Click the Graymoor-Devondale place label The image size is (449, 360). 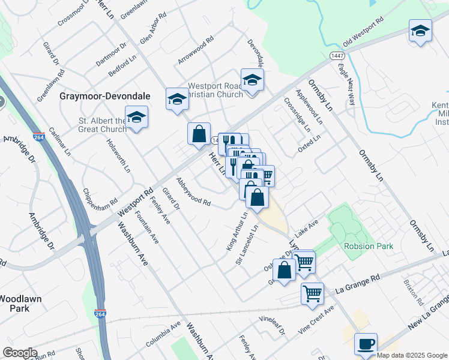point(106,96)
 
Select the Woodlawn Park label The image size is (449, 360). point(19,303)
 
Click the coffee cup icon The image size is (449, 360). point(366,344)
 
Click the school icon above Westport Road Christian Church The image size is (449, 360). point(252,80)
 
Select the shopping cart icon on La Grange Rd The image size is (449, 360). point(312,294)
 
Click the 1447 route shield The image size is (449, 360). point(336,55)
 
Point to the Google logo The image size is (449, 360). point(19,353)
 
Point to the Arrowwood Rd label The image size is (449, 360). point(196,52)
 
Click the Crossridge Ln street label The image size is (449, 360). point(298,118)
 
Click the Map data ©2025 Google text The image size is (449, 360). point(412,355)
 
